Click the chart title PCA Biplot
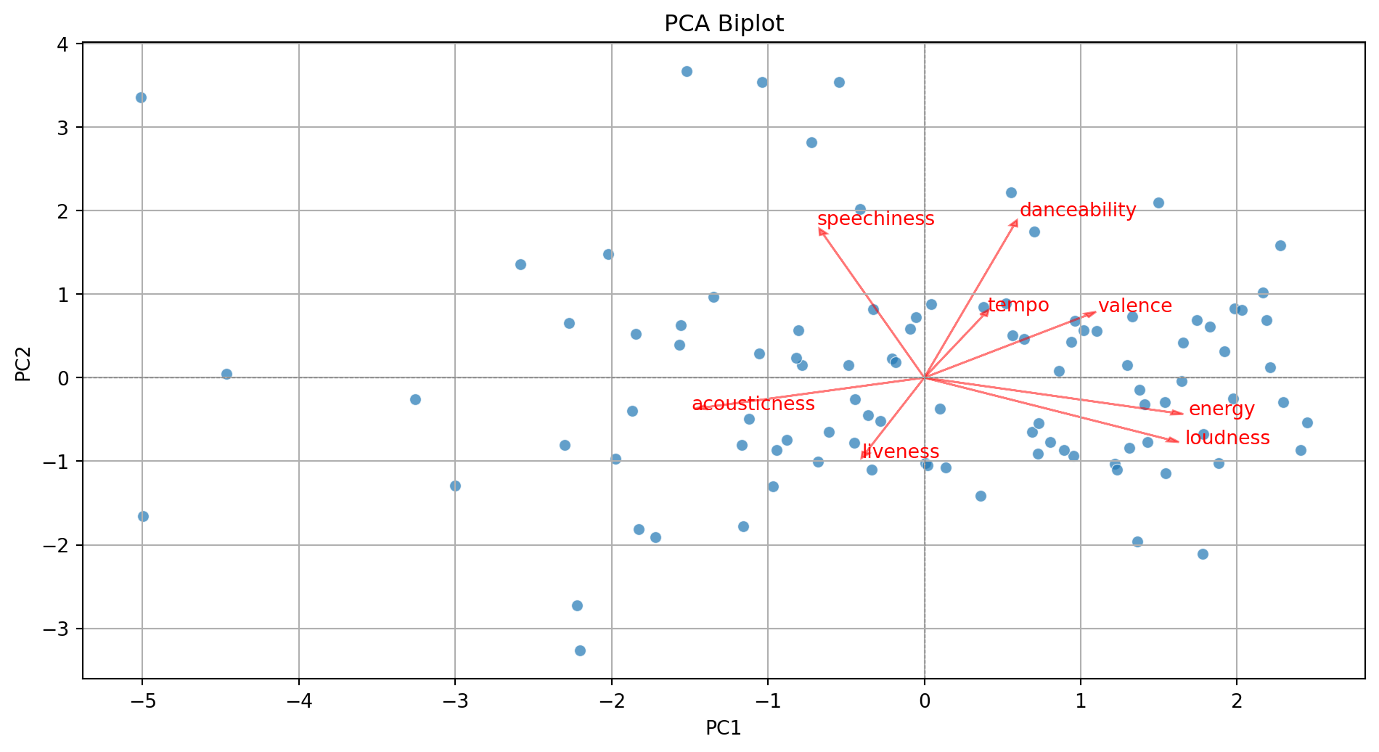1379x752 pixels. coord(724,24)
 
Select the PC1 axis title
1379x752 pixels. coord(724,728)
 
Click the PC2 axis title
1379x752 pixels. coord(23,364)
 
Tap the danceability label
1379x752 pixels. coord(1078,210)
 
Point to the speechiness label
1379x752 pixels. coord(875,218)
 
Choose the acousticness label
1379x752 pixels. coord(753,404)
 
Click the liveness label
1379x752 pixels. coord(901,451)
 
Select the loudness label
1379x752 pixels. coord(1227,438)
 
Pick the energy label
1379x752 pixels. coord(1222,409)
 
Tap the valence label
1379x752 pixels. coord(1134,306)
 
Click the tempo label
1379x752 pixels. coord(1018,305)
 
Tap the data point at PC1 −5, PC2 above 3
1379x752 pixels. coord(141,97)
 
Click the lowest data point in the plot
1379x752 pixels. coord(580,650)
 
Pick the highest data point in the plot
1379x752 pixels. coord(687,71)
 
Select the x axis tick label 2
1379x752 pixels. coord(1237,701)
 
